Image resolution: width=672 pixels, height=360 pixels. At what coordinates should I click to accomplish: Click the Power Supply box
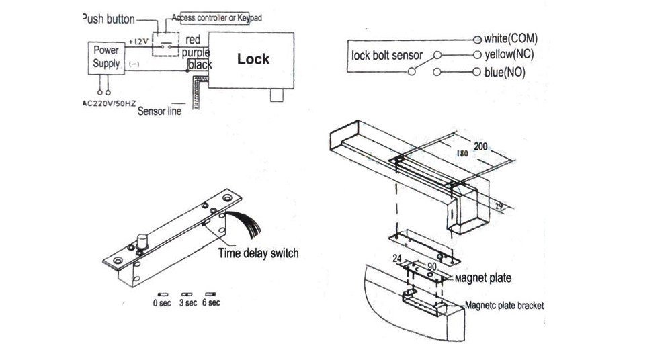click(106, 58)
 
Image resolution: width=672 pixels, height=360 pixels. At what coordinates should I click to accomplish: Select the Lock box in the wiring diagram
click(253, 59)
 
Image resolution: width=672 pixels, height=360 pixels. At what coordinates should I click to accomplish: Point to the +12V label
click(138, 42)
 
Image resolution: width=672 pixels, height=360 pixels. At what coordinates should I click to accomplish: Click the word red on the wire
click(193, 40)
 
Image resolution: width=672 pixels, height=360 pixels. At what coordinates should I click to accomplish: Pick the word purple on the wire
click(195, 52)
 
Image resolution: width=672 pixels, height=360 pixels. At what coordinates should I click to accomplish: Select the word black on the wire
click(200, 64)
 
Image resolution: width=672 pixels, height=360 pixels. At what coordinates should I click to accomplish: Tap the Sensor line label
click(159, 111)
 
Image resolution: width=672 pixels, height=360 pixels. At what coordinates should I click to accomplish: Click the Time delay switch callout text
click(258, 253)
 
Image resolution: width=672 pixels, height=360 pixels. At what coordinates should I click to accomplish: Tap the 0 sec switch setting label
click(162, 303)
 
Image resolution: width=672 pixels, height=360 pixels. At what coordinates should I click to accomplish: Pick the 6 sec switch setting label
click(210, 303)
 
